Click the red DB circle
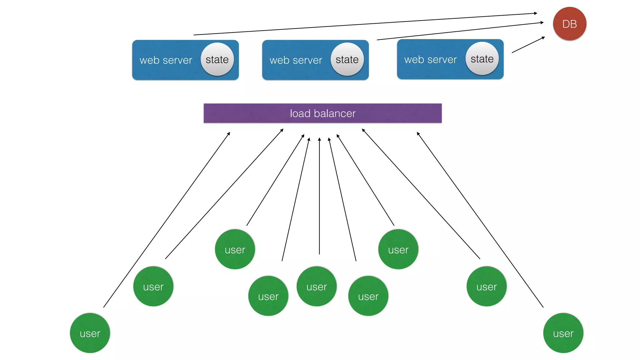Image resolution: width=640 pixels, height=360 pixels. tap(569, 24)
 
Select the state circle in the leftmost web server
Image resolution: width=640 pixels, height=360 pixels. tap(217, 59)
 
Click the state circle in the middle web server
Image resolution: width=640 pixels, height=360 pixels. tap(347, 59)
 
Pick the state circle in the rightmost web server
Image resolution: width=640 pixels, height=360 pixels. tap(482, 59)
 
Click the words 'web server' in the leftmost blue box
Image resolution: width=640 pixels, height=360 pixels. tap(166, 60)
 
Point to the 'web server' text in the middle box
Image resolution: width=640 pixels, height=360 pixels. tap(296, 60)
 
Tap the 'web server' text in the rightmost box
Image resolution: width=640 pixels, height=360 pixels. tap(430, 59)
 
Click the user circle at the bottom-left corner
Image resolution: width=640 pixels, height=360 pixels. tap(90, 333)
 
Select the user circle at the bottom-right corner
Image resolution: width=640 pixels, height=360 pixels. tap(563, 333)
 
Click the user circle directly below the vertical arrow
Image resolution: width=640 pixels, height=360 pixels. tap(317, 286)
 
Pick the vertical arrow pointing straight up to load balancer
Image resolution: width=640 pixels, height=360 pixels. tap(319, 197)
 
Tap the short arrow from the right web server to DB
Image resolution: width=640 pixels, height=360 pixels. tap(528, 45)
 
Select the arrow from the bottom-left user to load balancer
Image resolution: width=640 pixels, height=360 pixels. tap(167, 220)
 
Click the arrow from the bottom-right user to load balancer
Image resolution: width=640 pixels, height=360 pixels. tap(480, 220)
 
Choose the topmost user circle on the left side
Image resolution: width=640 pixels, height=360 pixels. tap(235, 249)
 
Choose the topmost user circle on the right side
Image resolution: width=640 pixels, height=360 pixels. tap(398, 249)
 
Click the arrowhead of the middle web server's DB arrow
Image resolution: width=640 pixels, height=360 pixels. tap(542, 22)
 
